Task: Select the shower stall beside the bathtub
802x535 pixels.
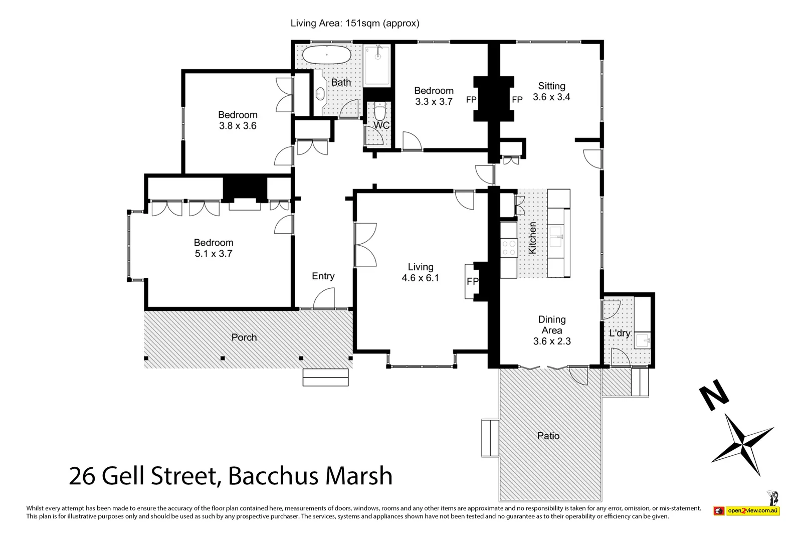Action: point(377,65)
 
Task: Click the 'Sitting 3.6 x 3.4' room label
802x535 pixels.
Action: point(551,91)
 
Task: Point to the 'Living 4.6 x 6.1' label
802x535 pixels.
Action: point(420,272)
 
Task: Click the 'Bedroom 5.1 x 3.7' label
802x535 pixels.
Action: point(214,248)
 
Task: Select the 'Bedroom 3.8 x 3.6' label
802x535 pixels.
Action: point(238,120)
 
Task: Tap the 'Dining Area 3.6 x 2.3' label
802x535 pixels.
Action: point(551,330)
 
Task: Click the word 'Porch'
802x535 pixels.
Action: point(244,337)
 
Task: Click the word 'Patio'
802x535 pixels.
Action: point(548,436)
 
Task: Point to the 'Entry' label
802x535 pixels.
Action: point(323,276)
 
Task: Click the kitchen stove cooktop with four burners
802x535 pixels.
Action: point(509,248)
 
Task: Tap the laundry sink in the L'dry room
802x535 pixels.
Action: point(642,341)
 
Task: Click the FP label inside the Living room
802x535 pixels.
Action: point(472,282)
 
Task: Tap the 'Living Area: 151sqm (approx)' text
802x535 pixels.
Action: point(355,23)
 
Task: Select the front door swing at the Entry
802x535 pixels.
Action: point(323,301)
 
